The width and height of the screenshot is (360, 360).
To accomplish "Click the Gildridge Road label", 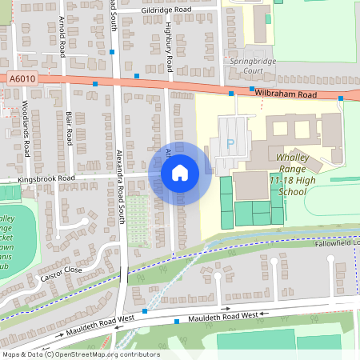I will click(x=166, y=10).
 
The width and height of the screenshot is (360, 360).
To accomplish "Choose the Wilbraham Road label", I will click(x=286, y=94).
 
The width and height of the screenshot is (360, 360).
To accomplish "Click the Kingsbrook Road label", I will click(x=48, y=178).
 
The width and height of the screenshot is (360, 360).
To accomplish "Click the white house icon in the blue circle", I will click(x=180, y=172).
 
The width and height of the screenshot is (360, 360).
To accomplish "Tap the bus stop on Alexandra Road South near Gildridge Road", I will click(x=113, y=51).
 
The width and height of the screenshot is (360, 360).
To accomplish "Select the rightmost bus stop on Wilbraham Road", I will click(x=341, y=98).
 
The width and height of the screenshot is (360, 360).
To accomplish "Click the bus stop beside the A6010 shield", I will click(x=94, y=83).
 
